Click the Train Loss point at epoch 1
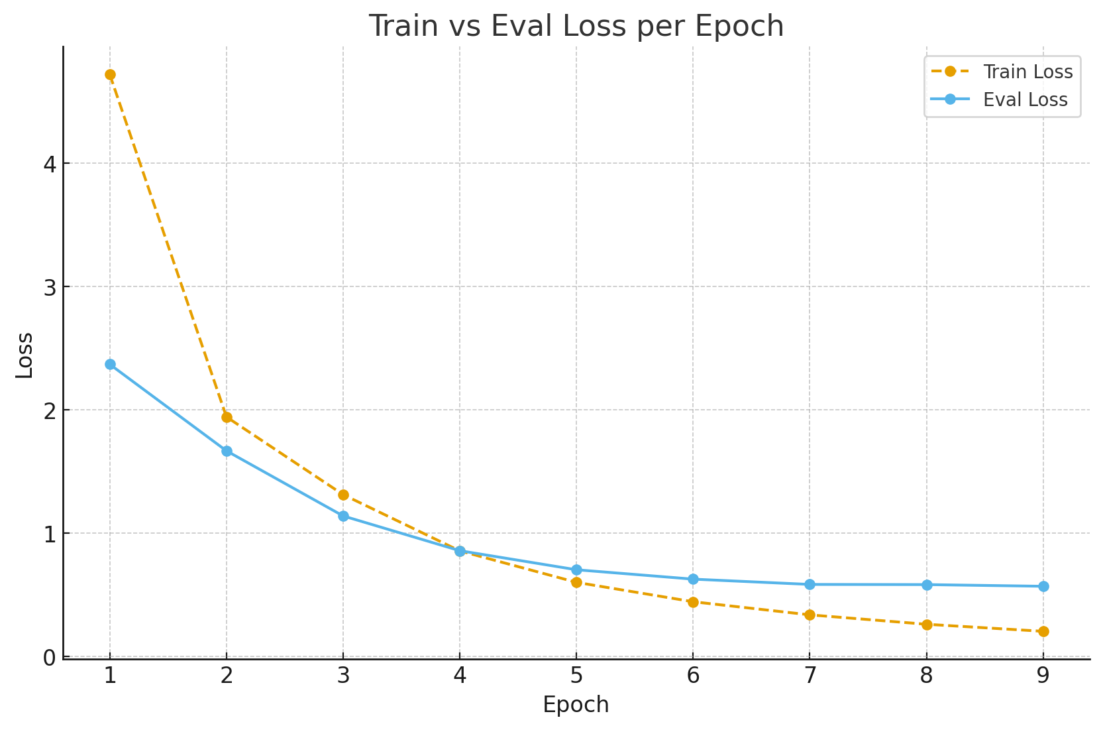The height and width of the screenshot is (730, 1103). point(110,75)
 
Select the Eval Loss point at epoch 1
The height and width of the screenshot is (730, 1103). point(110,364)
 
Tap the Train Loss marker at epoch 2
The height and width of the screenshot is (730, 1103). point(227,417)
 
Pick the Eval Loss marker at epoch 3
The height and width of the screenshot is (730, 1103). point(343,516)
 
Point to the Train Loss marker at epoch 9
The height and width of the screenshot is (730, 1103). point(1043,631)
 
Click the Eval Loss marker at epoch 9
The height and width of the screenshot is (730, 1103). point(1043,586)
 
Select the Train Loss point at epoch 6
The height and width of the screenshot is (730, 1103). point(693,602)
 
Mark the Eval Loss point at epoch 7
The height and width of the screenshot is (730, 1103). point(810,584)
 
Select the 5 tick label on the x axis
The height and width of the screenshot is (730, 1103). point(576,676)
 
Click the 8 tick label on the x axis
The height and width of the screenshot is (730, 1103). point(926,676)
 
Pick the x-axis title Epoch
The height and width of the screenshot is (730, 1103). point(576,705)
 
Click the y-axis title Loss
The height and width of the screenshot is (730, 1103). point(25,355)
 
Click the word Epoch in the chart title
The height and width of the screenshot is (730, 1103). point(747,27)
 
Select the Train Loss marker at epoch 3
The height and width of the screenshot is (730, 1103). point(343,495)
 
